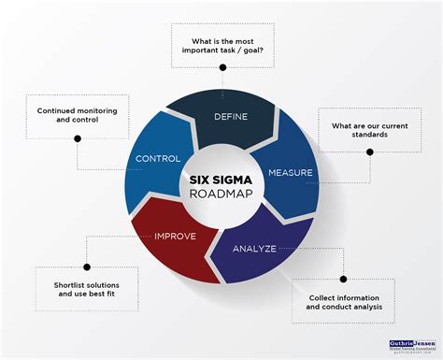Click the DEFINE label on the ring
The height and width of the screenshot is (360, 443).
tap(230, 116)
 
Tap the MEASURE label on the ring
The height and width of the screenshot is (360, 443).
tap(291, 173)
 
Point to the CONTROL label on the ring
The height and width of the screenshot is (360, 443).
tap(157, 158)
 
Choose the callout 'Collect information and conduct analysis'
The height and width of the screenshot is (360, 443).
tap(343, 302)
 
